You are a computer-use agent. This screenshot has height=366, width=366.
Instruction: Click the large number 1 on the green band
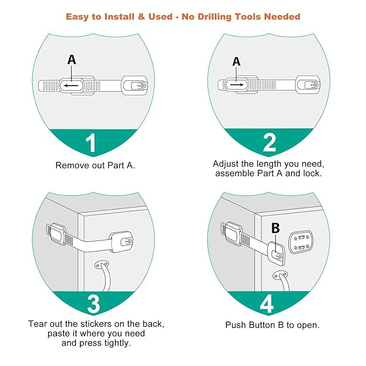coord(91,143)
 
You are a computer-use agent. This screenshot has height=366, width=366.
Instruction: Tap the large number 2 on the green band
coord(269,142)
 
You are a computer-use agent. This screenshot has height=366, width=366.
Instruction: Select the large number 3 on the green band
coord(93,304)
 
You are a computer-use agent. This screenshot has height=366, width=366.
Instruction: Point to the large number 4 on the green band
coord(266,304)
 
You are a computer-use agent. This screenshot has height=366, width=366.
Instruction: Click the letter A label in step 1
coord(72,60)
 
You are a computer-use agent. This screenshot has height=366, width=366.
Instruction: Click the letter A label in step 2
coord(236,62)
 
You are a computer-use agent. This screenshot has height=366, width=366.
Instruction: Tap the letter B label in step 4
coord(275,228)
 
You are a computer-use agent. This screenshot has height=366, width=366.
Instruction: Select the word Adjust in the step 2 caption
coord(226,163)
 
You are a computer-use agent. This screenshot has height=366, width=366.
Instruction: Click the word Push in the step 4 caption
coord(236,325)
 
